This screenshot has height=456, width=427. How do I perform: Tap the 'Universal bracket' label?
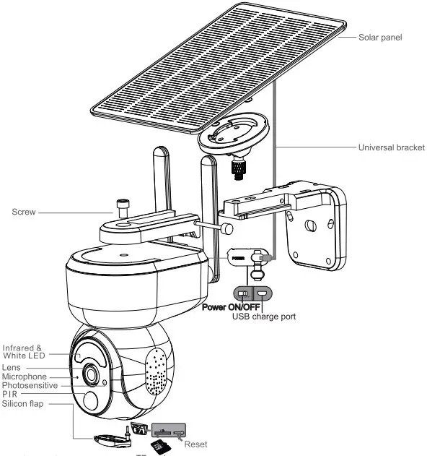(391, 147)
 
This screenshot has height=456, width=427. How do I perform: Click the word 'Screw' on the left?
(25, 213)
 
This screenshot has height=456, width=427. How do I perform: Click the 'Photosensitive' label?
(30, 386)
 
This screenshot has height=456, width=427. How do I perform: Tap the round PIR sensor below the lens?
(92, 402)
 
